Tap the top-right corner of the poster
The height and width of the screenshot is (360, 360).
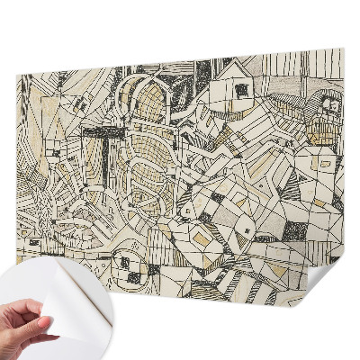tap(344, 50)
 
